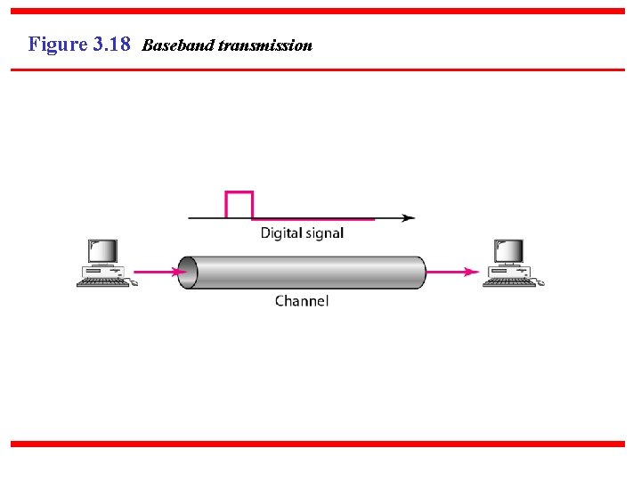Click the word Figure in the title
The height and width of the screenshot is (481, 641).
[x=57, y=44]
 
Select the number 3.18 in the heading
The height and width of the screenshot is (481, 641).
[x=111, y=44]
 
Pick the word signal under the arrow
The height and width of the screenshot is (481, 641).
[x=322, y=233]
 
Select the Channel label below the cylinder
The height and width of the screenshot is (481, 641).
[x=302, y=301]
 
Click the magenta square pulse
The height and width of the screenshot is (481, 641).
[x=239, y=204]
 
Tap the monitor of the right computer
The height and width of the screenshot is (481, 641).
[x=509, y=251]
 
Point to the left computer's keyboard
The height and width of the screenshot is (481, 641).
[x=103, y=282]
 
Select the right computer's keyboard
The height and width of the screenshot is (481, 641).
[x=510, y=282]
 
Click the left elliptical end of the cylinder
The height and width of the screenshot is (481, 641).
[x=187, y=273]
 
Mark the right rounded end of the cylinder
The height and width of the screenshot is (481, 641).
[x=418, y=273]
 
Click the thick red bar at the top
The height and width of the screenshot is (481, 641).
[x=320, y=12]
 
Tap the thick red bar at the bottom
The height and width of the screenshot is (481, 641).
[x=320, y=444]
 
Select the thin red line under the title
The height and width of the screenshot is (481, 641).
[x=320, y=69]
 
